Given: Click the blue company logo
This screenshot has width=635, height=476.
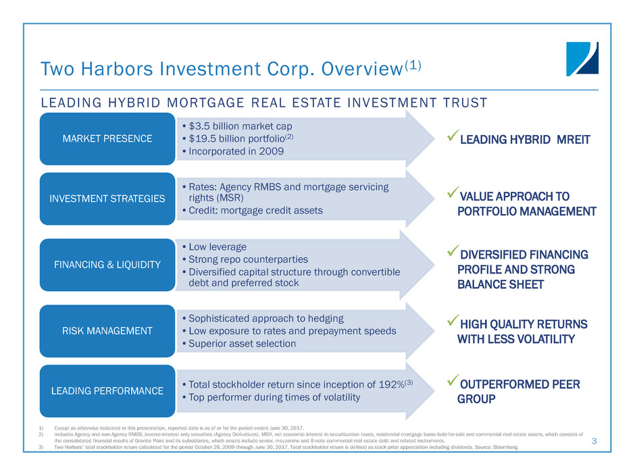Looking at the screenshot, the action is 582,59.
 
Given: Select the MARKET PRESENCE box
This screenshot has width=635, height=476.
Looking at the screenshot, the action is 107,139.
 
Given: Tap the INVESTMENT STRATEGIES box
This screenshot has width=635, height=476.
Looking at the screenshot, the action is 107,199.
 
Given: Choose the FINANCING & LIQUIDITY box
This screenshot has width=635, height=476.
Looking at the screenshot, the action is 107,265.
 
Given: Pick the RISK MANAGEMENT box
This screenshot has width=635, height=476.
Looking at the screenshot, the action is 107,331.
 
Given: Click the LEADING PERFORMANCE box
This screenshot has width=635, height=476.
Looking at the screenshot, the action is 107,391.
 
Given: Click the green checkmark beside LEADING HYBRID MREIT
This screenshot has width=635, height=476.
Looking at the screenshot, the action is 453,135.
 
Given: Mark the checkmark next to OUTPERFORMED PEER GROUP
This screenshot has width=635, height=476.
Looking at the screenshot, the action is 453,380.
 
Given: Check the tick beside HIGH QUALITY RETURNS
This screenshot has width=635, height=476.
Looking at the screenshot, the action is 453,320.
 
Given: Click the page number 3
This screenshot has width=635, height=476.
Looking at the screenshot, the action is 594,441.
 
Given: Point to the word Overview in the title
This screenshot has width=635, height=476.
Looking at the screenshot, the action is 362,69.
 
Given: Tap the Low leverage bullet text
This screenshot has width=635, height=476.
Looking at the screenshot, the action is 218,247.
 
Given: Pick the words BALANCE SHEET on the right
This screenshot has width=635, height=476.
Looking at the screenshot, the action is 501,284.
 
